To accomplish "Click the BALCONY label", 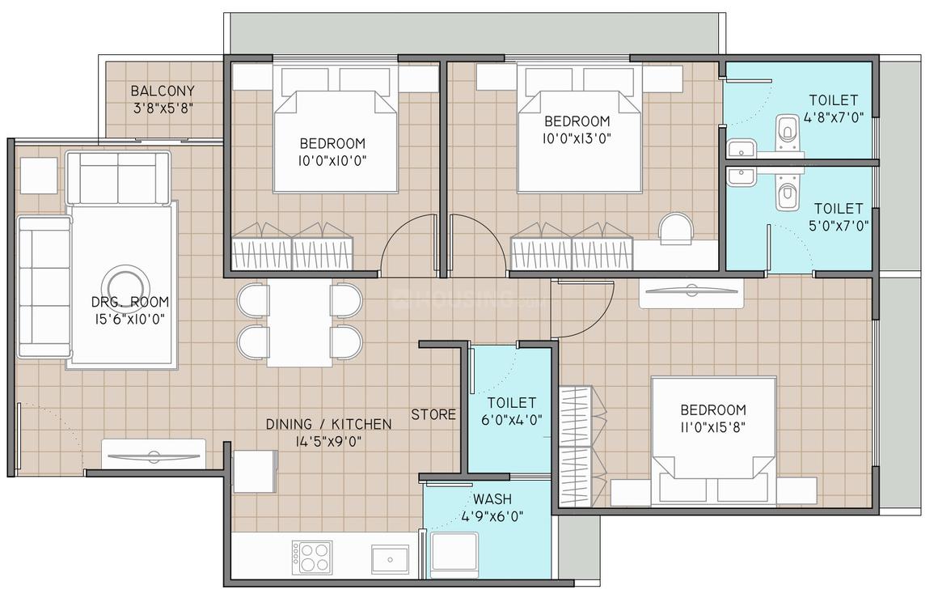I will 163,91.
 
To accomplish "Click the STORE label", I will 433,414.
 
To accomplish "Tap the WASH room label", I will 492,498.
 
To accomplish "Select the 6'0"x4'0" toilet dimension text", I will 511,419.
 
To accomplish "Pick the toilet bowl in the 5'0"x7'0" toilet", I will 785,195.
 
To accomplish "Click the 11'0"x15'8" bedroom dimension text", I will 712,428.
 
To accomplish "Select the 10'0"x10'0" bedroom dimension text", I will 332,160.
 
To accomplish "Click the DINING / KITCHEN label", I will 329,424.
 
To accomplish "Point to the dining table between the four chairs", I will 299,323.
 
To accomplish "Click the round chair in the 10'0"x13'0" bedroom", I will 675,227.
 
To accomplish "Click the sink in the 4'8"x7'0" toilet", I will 741,149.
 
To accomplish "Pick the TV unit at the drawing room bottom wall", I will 154,455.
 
